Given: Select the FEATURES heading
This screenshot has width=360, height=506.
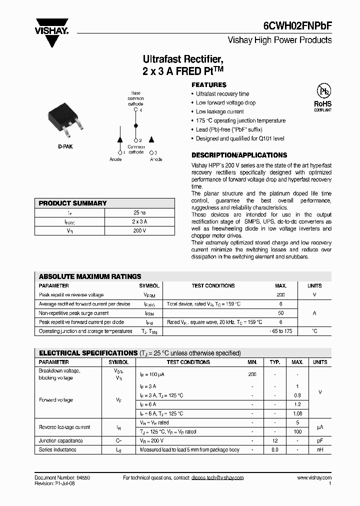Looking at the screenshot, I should click(209, 85).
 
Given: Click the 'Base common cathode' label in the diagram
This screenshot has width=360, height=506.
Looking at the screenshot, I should click(135, 98).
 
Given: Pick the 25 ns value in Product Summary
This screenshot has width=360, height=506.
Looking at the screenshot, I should click(139, 212).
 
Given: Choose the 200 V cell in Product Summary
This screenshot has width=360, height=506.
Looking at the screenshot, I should click(139, 230).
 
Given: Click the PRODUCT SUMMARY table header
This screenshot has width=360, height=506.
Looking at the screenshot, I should click(73, 203).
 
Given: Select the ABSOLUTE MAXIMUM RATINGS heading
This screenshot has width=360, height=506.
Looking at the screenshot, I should click(90, 276).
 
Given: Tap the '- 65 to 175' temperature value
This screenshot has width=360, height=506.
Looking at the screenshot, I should click(280, 331).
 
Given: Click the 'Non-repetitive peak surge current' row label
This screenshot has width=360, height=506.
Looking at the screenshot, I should click(73, 313).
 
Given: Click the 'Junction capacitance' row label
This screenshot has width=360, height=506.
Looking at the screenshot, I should click(61, 440).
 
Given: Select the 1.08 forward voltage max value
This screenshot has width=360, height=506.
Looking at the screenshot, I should click(297, 413).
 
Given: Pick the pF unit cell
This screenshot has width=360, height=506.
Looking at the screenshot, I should click(320, 440).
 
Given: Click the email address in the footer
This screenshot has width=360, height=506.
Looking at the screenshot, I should click(217, 478).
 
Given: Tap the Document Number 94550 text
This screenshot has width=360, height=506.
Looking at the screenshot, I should click(62, 478).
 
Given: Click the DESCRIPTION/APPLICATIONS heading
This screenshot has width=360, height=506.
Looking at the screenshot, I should click(239, 155).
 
